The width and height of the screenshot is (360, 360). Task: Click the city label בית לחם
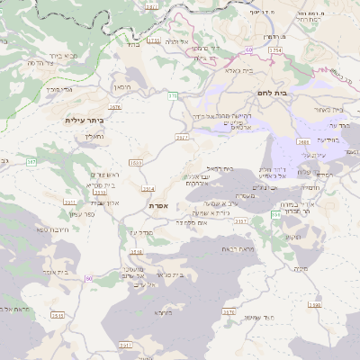click(282, 93)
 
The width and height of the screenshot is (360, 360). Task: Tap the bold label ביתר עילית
click(85, 119)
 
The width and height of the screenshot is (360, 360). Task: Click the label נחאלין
click(94, 137)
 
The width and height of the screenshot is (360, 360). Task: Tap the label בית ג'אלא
click(238, 70)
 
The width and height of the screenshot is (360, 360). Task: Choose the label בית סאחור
click(329, 110)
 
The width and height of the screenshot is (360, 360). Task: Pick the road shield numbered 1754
click(275, 51)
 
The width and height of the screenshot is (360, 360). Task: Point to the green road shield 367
click(31, 161)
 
